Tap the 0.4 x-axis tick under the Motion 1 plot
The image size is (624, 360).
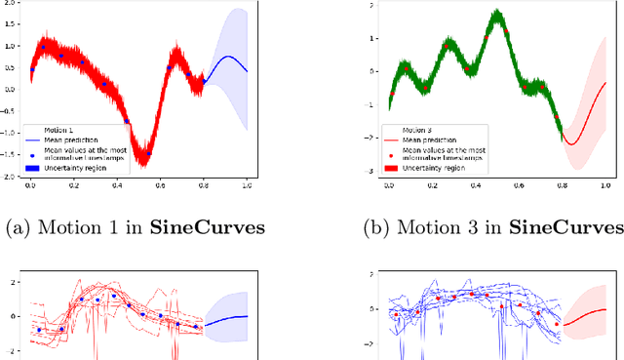tap(116, 184)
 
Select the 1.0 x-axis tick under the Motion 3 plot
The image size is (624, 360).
tap(605, 184)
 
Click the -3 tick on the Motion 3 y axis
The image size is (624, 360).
tap(370, 172)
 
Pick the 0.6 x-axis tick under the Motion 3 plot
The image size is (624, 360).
tap(519, 184)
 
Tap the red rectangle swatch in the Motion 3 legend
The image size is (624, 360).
tap(392, 167)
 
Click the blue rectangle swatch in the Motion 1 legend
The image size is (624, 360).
tap(33, 167)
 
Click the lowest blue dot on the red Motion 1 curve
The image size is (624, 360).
tap(149, 153)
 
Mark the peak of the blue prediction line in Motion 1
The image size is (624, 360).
tap(227, 57)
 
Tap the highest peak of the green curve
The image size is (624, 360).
tap(497, 14)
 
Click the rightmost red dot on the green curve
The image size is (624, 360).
tap(557, 117)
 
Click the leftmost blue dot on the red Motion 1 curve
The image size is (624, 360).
tap(32, 69)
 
